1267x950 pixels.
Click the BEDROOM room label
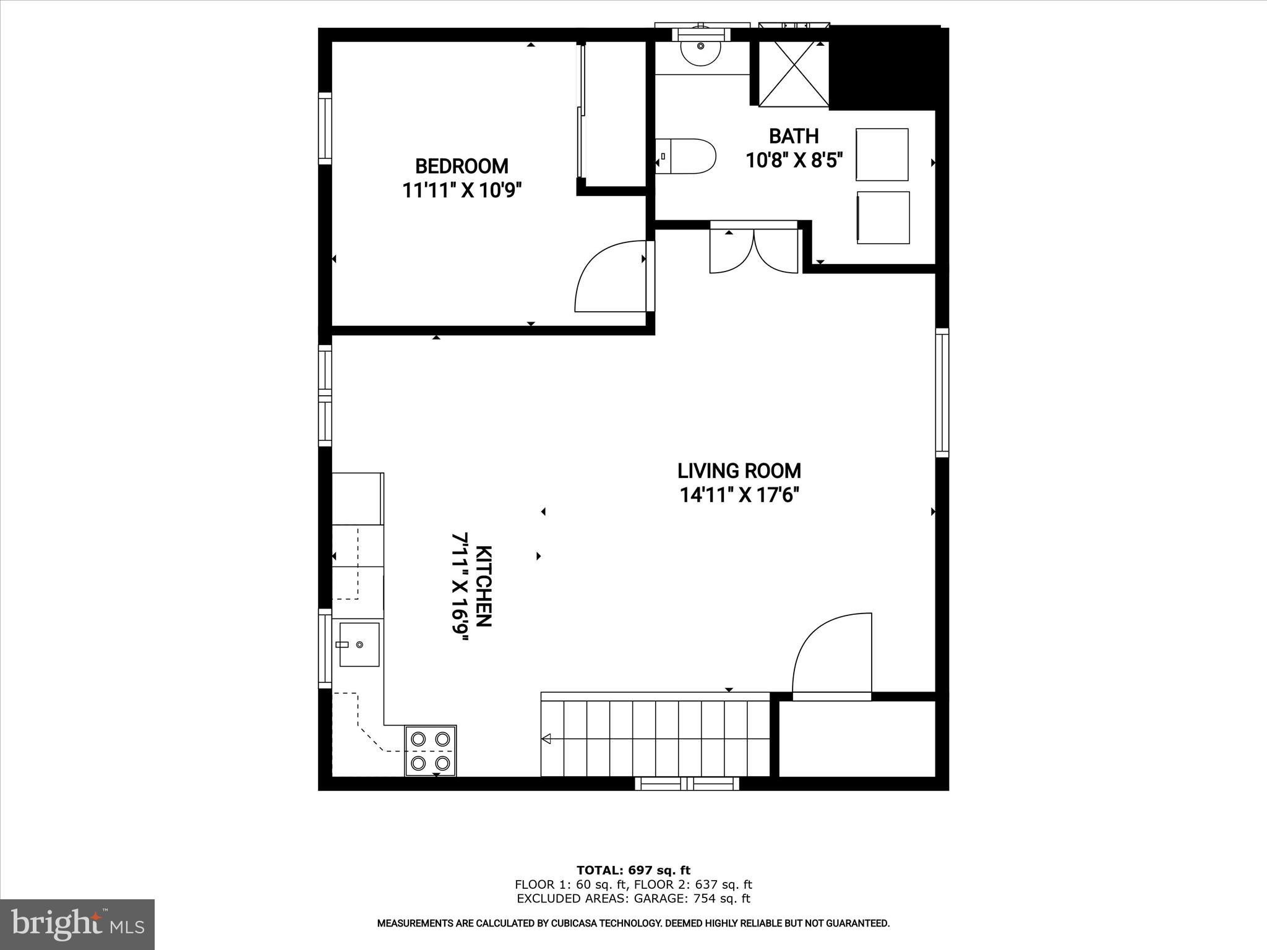pyautogui.click(x=462, y=166)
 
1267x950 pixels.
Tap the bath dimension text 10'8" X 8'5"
pyautogui.click(x=794, y=161)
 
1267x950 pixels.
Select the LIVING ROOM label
pyautogui.click(x=739, y=471)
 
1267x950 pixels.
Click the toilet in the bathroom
pyautogui.click(x=687, y=156)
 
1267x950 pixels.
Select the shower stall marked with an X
pyautogui.click(x=793, y=75)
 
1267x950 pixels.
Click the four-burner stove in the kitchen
pyautogui.click(x=431, y=750)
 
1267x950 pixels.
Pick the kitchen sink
pyautogui.click(x=359, y=644)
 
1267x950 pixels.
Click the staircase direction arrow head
pyautogui.click(x=546, y=738)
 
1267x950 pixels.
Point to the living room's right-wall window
pyautogui.click(x=942, y=392)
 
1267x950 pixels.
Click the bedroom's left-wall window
pyautogui.click(x=325, y=128)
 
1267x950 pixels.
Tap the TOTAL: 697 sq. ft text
pyautogui.click(x=633, y=871)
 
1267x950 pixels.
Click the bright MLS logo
pyautogui.click(x=77, y=924)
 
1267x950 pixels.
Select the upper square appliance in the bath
pyautogui.click(x=882, y=155)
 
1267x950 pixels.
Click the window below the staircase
pyautogui.click(x=687, y=784)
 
